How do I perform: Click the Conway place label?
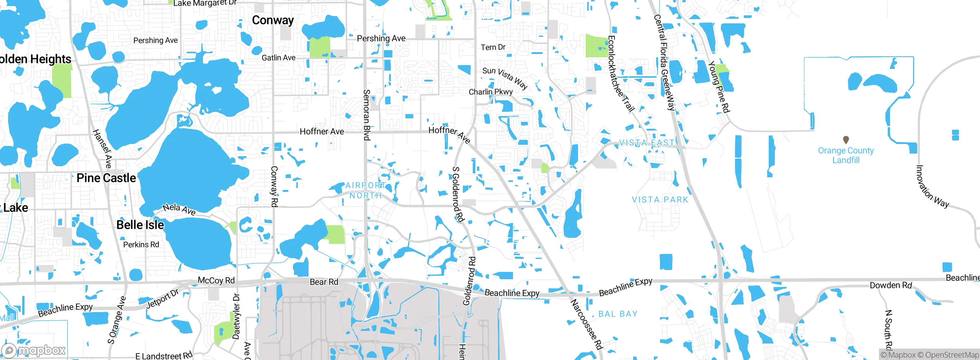(x=273, y=20)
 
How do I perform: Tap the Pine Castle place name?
(x=106, y=178)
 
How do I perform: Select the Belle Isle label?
(x=140, y=225)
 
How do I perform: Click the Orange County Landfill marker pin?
(x=846, y=140)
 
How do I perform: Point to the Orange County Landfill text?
(x=846, y=155)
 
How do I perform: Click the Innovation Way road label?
(x=932, y=187)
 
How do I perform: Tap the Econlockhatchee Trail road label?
(x=621, y=74)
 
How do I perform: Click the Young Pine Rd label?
(x=719, y=87)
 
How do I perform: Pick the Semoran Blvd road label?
(x=366, y=115)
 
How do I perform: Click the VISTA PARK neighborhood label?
(x=660, y=200)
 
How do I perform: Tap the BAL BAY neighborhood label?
(x=618, y=314)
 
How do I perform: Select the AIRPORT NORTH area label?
(x=366, y=190)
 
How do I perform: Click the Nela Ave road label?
(x=179, y=209)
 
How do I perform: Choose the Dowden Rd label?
(x=891, y=285)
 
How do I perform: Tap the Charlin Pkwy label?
(x=490, y=92)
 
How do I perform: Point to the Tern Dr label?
(x=493, y=47)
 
